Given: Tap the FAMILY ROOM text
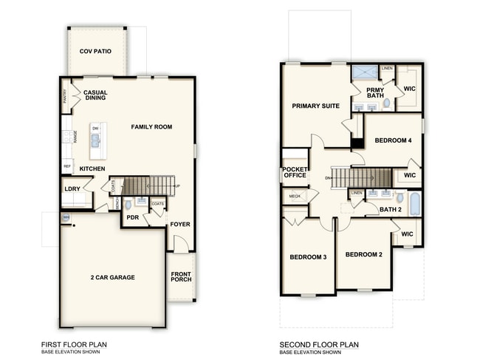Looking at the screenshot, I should tap(151, 127).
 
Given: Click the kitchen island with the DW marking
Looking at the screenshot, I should tap(96, 140).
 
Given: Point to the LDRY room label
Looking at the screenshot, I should tap(72, 189).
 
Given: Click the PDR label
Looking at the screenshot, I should tap(133, 218).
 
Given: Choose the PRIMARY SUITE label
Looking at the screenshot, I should tap(315, 106).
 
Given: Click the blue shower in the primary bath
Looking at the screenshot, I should tap(364, 72).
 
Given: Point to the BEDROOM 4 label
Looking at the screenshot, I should tap(393, 140).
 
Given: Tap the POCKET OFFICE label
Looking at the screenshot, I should tap(295, 172).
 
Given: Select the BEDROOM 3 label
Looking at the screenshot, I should tap(307, 257).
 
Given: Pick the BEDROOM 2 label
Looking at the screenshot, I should tap(364, 254).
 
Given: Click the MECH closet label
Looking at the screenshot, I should tap(295, 196).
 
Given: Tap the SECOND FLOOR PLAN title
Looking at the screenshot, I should tap(319, 344).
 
